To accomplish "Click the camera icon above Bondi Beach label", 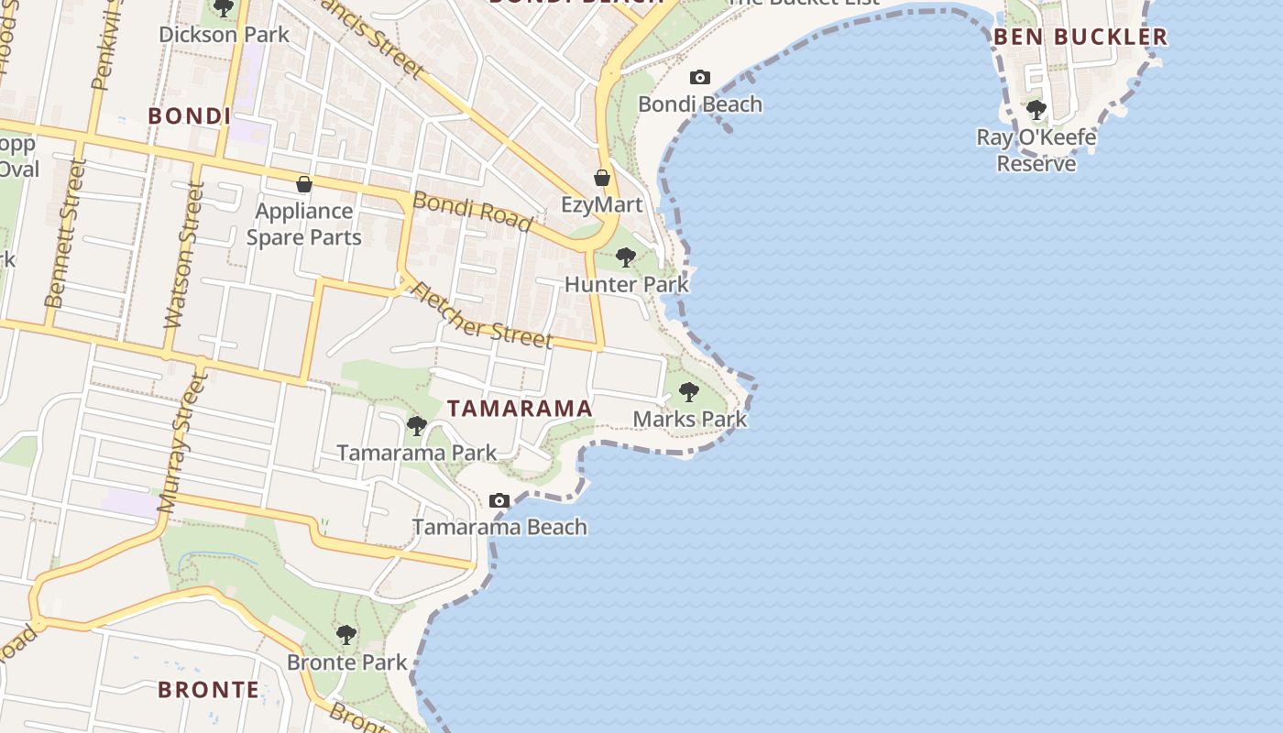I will (x=700, y=77).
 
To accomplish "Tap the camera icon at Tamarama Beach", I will (x=499, y=500).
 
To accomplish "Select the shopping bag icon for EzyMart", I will (x=602, y=178).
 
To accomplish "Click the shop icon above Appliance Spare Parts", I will (x=304, y=184).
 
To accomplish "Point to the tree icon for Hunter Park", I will (x=626, y=257).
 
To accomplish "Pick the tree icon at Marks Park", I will (x=689, y=392).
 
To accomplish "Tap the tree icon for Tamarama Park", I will (x=417, y=425).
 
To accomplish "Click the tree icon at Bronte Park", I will (x=346, y=634).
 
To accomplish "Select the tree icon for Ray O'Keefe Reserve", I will (x=1036, y=110).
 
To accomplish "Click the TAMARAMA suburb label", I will (x=520, y=409).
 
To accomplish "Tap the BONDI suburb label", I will (x=189, y=116).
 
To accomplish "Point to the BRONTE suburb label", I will (x=209, y=690).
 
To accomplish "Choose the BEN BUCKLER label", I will (x=1080, y=37).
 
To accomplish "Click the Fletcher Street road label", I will (x=481, y=315).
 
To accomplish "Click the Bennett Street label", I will (x=65, y=233).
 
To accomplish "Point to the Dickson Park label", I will (x=224, y=35).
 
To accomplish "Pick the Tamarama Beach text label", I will (x=499, y=527).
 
